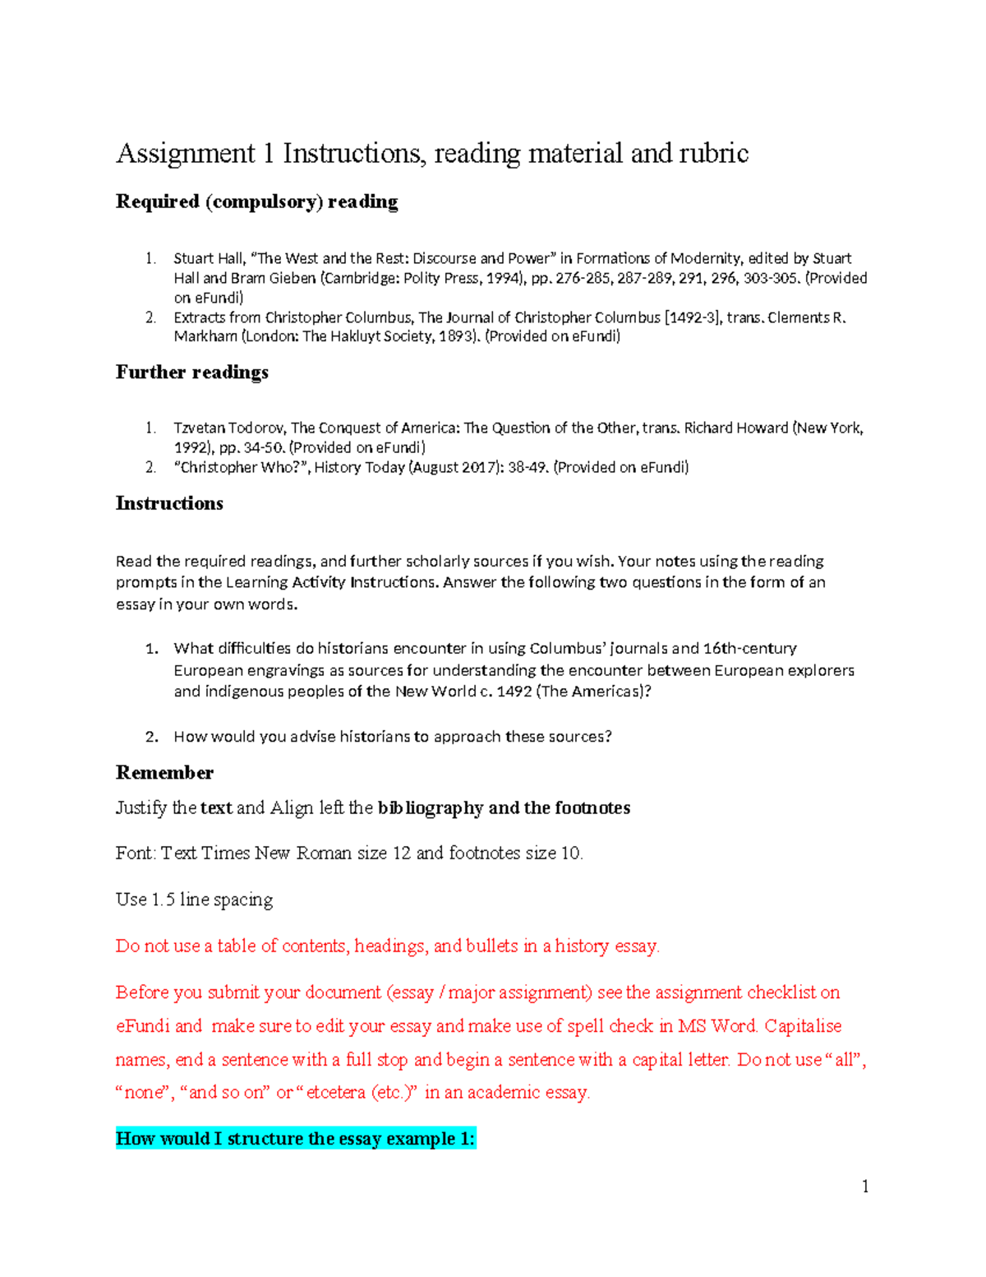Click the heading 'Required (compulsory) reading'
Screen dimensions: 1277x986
coord(256,201)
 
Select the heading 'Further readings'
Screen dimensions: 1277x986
coord(191,372)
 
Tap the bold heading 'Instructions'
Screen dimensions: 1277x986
coord(169,503)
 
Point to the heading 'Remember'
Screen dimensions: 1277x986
coord(164,773)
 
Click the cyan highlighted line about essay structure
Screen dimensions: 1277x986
coord(295,1139)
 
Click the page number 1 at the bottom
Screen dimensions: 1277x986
coord(865,1186)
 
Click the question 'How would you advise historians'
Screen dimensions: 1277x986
coord(392,737)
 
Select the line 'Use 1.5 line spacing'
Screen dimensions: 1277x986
coord(194,900)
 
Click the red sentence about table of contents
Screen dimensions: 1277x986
coord(387,946)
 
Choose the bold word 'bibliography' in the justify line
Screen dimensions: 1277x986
coord(430,808)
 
